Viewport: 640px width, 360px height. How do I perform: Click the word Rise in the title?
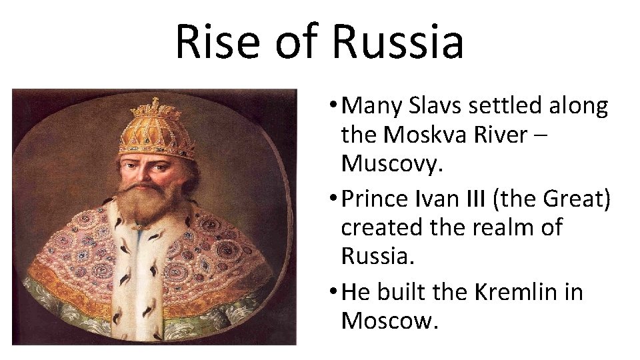pos(216,41)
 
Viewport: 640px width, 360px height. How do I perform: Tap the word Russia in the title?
pos(397,41)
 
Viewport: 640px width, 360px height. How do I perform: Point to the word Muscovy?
pos(391,164)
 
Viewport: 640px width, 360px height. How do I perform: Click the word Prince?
pos(378,199)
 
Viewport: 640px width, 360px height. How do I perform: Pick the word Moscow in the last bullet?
pos(389,321)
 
